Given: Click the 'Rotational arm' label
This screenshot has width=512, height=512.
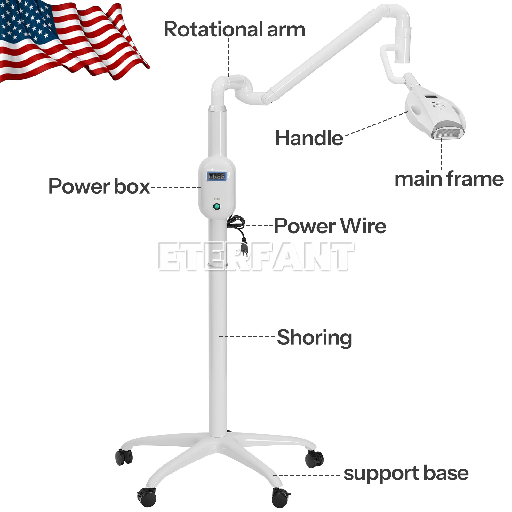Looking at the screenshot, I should point(234,29).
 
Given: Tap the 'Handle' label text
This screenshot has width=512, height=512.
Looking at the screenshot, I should point(309,138).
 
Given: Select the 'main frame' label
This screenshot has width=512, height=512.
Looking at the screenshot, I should point(449,179).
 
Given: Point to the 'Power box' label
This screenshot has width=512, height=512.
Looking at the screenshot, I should point(99,186).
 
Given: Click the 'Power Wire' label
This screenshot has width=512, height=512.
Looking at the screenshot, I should point(330,226).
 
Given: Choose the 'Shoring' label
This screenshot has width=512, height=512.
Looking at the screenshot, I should point(314,338).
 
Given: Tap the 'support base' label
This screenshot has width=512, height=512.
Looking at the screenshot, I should point(406,473).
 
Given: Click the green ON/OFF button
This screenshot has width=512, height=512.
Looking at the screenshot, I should point(217,207).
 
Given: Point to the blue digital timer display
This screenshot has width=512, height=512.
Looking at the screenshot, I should point(217,176).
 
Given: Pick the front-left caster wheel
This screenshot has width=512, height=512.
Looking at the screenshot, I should point(147,497).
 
